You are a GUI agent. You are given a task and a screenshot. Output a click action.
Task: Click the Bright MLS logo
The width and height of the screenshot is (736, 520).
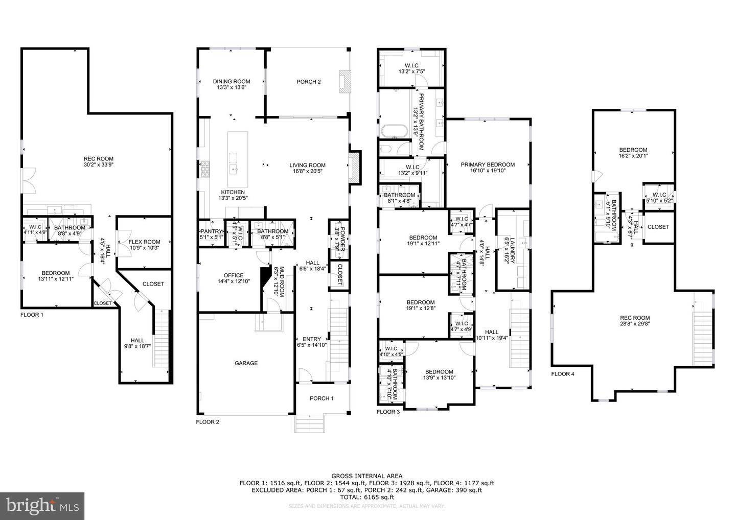coord(42,506)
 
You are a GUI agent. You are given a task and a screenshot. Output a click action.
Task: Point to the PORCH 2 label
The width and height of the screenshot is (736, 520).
coord(309,82)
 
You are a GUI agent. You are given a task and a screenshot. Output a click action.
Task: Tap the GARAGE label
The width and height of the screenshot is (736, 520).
coord(246,363)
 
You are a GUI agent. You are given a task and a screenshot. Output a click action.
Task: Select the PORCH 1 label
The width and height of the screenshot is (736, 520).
coord(321,398)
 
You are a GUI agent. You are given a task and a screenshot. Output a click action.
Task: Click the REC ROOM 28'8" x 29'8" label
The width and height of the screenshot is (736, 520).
coord(635,320)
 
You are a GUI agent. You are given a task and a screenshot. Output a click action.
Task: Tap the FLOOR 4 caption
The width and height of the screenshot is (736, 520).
coord(563,374)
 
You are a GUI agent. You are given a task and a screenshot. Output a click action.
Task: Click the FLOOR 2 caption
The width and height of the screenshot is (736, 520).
coord(208,422)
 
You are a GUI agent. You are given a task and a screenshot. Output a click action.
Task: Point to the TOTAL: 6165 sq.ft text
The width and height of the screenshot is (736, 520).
coord(366,497)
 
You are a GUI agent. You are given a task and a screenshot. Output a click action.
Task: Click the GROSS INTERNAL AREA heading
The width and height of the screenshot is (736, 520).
coord(366,476)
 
